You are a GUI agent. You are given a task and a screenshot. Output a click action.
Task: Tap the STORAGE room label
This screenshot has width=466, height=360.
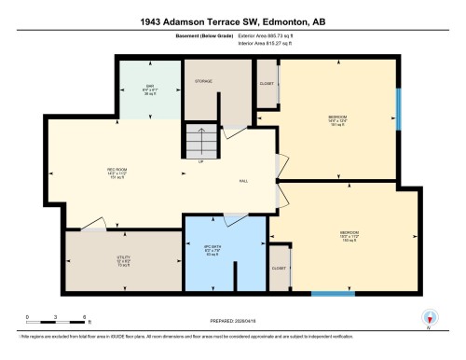[204, 82]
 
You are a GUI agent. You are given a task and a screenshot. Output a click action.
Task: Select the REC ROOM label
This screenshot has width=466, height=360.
[90, 169]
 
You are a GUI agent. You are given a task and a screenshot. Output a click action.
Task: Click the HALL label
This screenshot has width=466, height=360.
[243, 180]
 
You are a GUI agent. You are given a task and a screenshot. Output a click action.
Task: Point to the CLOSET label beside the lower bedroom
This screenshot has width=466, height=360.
[278, 268]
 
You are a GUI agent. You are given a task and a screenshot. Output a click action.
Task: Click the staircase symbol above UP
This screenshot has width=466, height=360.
[201, 141]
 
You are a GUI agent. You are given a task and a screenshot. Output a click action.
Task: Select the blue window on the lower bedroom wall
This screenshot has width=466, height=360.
[333, 294]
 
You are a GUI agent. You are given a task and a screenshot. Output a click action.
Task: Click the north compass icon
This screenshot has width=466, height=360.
[428, 318]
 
